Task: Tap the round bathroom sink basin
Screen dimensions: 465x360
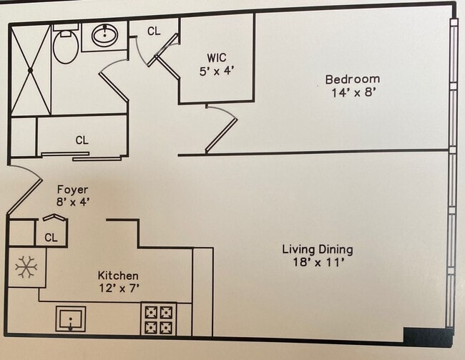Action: pyautogui.click(x=104, y=35)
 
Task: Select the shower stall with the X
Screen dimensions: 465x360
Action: pyautogui.click(x=30, y=69)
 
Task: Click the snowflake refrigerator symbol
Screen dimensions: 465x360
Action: pyautogui.click(x=26, y=267)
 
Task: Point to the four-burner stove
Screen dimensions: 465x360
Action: pyautogui.click(x=159, y=319)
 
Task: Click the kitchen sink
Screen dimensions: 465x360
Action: pyautogui.click(x=71, y=319)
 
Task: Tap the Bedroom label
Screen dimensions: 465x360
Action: pyautogui.click(x=352, y=79)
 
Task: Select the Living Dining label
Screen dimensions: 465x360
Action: pyautogui.click(x=318, y=250)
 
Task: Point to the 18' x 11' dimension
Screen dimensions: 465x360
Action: pyautogui.click(x=318, y=263)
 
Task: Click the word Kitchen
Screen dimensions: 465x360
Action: pyautogui.click(x=118, y=276)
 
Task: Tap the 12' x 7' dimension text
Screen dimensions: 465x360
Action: pyautogui.click(x=119, y=288)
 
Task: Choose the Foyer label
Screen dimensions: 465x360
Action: pyautogui.click(x=73, y=190)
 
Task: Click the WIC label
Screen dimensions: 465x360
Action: pyautogui.click(x=217, y=58)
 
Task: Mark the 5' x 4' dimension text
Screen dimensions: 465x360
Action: pyautogui.click(x=217, y=72)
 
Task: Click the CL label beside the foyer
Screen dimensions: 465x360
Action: pyautogui.click(x=51, y=238)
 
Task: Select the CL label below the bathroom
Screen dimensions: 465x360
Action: pyautogui.click(x=82, y=140)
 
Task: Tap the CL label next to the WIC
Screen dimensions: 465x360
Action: pyautogui.click(x=154, y=31)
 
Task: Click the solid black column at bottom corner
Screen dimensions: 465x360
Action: pyautogui.click(x=429, y=336)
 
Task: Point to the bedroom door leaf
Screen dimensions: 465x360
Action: pyautogui.click(x=221, y=136)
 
